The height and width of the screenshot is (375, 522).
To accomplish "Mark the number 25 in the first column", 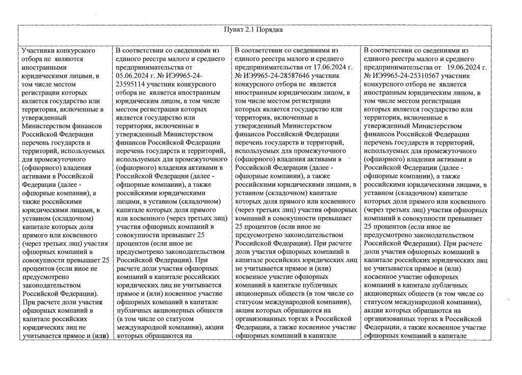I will tap(105, 261).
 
